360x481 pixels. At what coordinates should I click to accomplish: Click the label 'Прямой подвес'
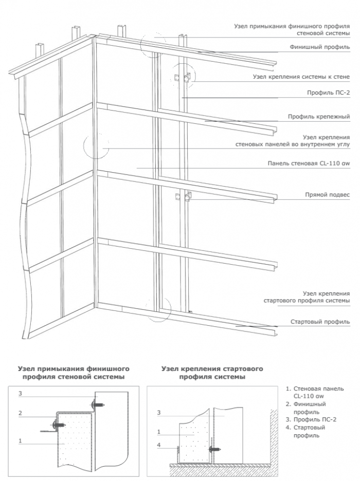(x=327, y=195)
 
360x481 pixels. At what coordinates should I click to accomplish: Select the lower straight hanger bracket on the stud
(x=183, y=197)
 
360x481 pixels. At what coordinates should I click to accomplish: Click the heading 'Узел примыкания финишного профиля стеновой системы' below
(x=73, y=373)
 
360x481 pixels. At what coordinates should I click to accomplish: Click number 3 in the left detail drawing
(x=20, y=394)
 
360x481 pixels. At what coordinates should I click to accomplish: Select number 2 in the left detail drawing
(x=20, y=413)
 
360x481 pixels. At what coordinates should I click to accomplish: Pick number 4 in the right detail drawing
(x=159, y=445)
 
